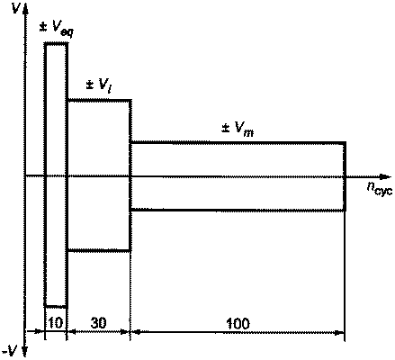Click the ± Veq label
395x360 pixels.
point(57,29)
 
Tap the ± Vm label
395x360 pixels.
point(238,130)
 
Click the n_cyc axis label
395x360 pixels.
point(379,189)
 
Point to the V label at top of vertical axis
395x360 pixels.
point(14,8)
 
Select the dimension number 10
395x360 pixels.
point(56,322)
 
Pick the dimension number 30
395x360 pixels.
point(98,323)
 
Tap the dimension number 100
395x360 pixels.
point(238,323)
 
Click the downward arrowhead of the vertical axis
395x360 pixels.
point(25,350)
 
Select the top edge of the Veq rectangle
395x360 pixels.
point(56,44)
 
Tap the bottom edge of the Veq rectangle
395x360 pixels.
point(56,307)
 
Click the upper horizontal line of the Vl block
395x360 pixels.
point(99,100)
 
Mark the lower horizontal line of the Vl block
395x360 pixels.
point(99,250)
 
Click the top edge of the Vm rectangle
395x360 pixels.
point(238,142)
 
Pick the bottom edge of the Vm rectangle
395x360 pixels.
point(238,211)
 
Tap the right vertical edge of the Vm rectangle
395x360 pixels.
point(345,176)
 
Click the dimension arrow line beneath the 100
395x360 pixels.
point(238,332)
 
